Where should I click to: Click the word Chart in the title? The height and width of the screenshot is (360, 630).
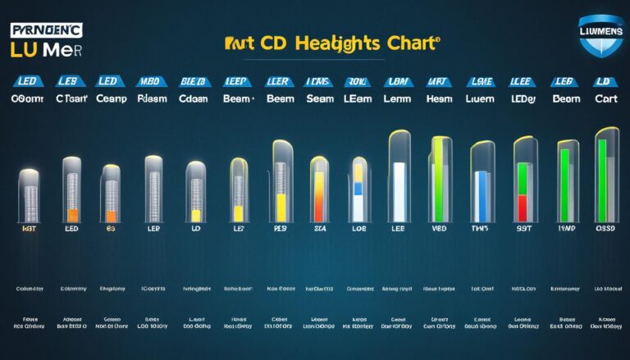410,43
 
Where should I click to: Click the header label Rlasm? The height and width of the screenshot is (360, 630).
153,98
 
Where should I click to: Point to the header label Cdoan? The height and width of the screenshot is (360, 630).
196,98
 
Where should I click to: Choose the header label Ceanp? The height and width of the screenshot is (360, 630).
110,98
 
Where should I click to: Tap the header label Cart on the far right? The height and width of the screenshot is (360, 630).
605,98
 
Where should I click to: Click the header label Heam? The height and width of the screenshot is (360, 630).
439,98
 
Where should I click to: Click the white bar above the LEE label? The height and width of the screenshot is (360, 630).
399,192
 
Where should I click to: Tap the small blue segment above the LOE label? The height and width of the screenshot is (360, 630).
358,189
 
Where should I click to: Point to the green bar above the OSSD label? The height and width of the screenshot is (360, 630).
602,180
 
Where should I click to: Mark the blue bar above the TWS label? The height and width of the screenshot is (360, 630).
482,196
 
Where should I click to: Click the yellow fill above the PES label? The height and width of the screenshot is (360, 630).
280,207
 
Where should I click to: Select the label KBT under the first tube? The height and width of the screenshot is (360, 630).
30,231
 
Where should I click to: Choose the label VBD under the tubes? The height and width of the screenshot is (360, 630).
439,231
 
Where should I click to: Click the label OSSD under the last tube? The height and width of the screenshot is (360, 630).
605,230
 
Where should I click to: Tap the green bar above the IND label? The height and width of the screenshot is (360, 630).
564,185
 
